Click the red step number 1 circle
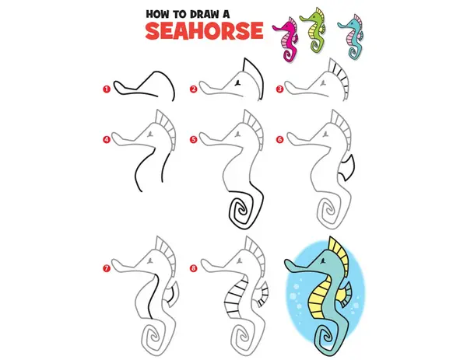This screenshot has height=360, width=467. coord(107,89)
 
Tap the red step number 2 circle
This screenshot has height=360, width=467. coord(194,89)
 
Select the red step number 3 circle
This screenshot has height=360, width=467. coord(279,89)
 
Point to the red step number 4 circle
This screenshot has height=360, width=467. coord(107,139)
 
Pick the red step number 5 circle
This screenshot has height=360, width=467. coord(194,139)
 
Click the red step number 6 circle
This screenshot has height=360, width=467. coord(279,139)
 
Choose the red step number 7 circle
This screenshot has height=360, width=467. coord(107,268)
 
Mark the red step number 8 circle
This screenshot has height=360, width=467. coord(194,268)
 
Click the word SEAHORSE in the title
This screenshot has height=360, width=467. coord(204,30)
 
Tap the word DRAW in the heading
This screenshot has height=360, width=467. coord(202,14)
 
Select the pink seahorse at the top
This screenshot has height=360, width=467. coord(286,39)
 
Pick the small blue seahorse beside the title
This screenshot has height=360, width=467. coord(353,37)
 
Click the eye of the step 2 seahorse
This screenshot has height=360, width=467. coord(238,83)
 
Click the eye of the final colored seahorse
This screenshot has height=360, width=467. coord(322,262)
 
